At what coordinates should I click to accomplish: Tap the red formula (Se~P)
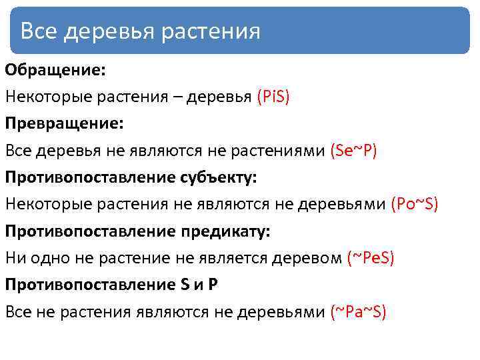click(x=353, y=151)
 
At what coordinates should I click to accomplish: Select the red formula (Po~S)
click(x=414, y=204)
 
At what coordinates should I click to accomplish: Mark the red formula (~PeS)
click(x=371, y=258)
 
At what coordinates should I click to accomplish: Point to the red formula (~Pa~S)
click(x=359, y=312)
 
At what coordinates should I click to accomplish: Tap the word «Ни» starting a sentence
click(x=15, y=258)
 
